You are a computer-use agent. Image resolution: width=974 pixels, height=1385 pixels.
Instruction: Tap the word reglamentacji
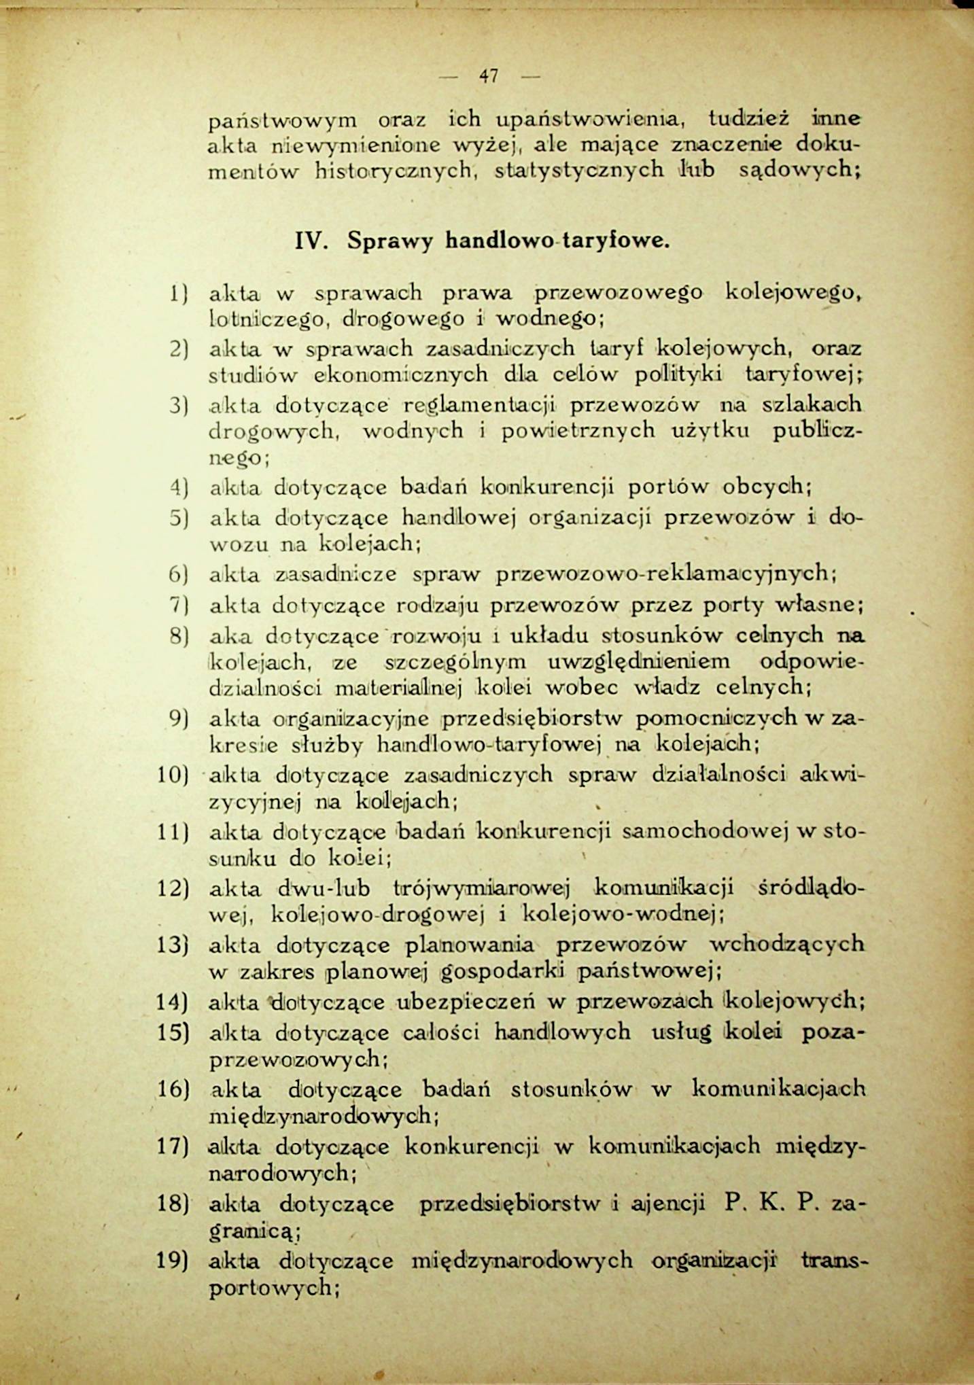[479, 406]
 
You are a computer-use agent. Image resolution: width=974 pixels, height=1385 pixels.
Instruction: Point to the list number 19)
[172, 1261]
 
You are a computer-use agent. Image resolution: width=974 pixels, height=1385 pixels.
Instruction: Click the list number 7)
[178, 604]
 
